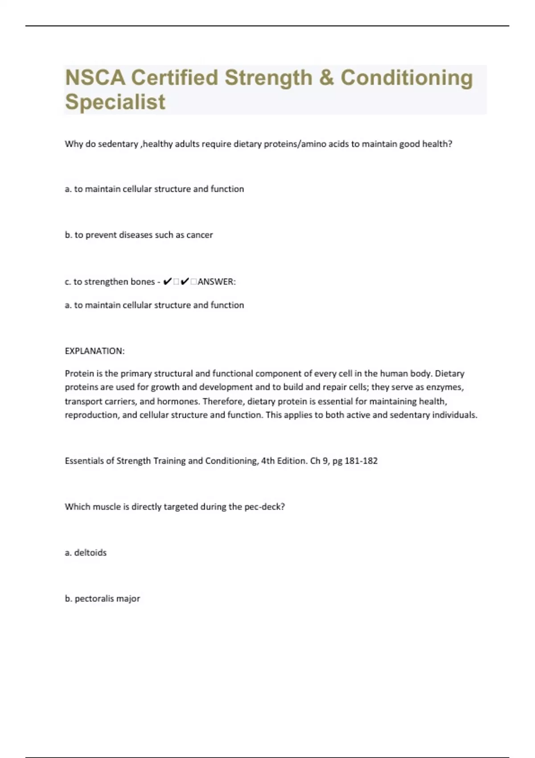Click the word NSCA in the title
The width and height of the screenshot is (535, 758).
click(x=95, y=78)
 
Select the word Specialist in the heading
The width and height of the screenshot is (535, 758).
click(x=115, y=102)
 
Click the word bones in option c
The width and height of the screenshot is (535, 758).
click(x=142, y=282)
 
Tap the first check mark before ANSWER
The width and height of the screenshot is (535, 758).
click(x=168, y=282)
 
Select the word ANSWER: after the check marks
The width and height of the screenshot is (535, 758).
click(x=217, y=282)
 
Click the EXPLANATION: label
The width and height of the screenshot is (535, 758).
click(x=95, y=351)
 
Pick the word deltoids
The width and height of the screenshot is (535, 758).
click(x=90, y=553)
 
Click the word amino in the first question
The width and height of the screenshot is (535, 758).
click(x=314, y=144)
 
